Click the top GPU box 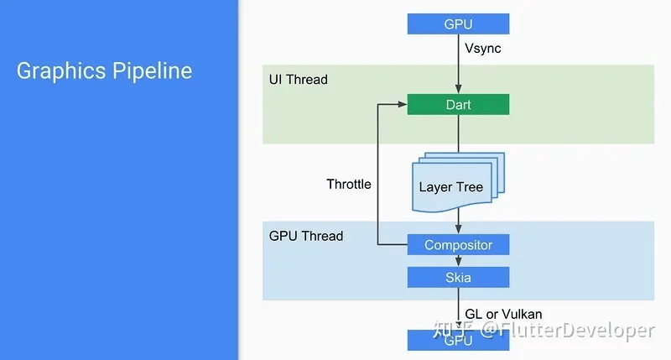pyautogui.click(x=458, y=23)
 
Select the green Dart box pyautogui.click(x=458, y=105)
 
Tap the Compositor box pyautogui.click(x=458, y=245)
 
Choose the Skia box pyautogui.click(x=458, y=277)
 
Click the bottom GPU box pyautogui.click(x=458, y=340)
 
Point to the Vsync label pyautogui.click(x=483, y=49)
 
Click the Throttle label pyautogui.click(x=349, y=184)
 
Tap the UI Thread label pyautogui.click(x=298, y=80)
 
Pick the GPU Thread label pyautogui.click(x=306, y=236)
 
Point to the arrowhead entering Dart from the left pyautogui.click(x=403, y=105)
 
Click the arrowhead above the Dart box pyautogui.click(x=458, y=91)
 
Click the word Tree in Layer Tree pyautogui.click(x=470, y=186)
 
